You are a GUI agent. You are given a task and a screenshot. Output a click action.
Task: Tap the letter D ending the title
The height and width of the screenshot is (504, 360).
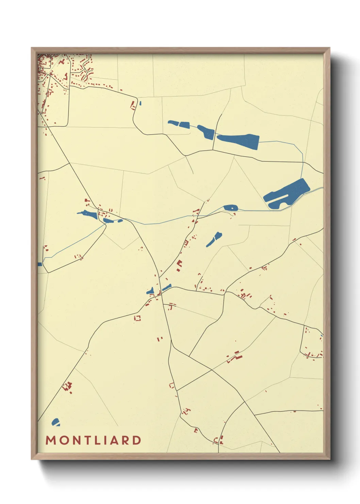pyautogui.click(x=137, y=440)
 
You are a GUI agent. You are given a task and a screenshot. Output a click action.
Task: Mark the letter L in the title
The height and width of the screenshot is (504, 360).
pyautogui.click(x=96, y=440)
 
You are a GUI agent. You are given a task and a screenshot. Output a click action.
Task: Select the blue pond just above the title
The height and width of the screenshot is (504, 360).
pyautogui.click(x=55, y=422)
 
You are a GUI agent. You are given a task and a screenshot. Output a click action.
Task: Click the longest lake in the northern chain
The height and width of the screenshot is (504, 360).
pyautogui.click(x=238, y=140)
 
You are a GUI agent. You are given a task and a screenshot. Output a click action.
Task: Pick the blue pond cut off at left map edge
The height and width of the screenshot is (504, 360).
pyautogui.click(x=39, y=264)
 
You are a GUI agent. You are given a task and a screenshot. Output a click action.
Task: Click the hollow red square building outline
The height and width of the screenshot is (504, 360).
pyautogui.click(x=137, y=318)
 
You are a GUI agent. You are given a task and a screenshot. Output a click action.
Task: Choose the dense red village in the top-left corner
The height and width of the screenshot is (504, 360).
pyautogui.click(x=51, y=72)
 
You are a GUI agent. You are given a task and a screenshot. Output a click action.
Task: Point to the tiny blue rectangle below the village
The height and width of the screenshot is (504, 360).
pyautogui.click(x=140, y=103)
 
